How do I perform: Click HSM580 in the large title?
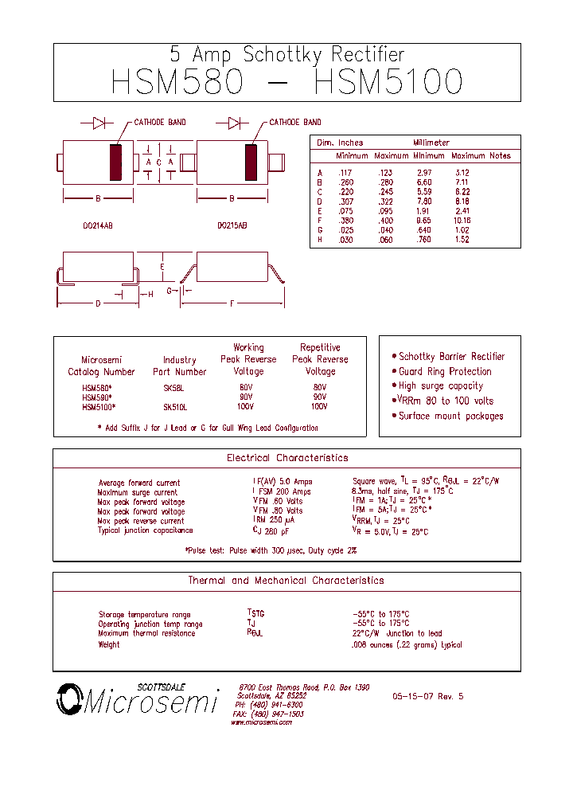(x=176, y=83)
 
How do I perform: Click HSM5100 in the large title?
(x=388, y=83)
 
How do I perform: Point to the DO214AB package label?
(x=98, y=226)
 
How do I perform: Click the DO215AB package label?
(x=232, y=226)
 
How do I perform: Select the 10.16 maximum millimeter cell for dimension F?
(x=462, y=221)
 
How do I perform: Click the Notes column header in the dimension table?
(x=500, y=156)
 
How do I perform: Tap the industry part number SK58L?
(x=173, y=388)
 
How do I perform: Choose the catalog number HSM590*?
(x=97, y=397)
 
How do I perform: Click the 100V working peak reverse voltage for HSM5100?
(x=246, y=406)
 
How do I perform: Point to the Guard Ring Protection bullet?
(x=445, y=372)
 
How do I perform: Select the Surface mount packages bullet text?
(x=450, y=417)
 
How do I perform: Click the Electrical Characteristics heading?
(x=287, y=459)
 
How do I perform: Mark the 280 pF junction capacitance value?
(x=271, y=530)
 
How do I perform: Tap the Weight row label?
(x=109, y=644)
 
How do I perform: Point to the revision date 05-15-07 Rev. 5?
(x=427, y=696)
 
